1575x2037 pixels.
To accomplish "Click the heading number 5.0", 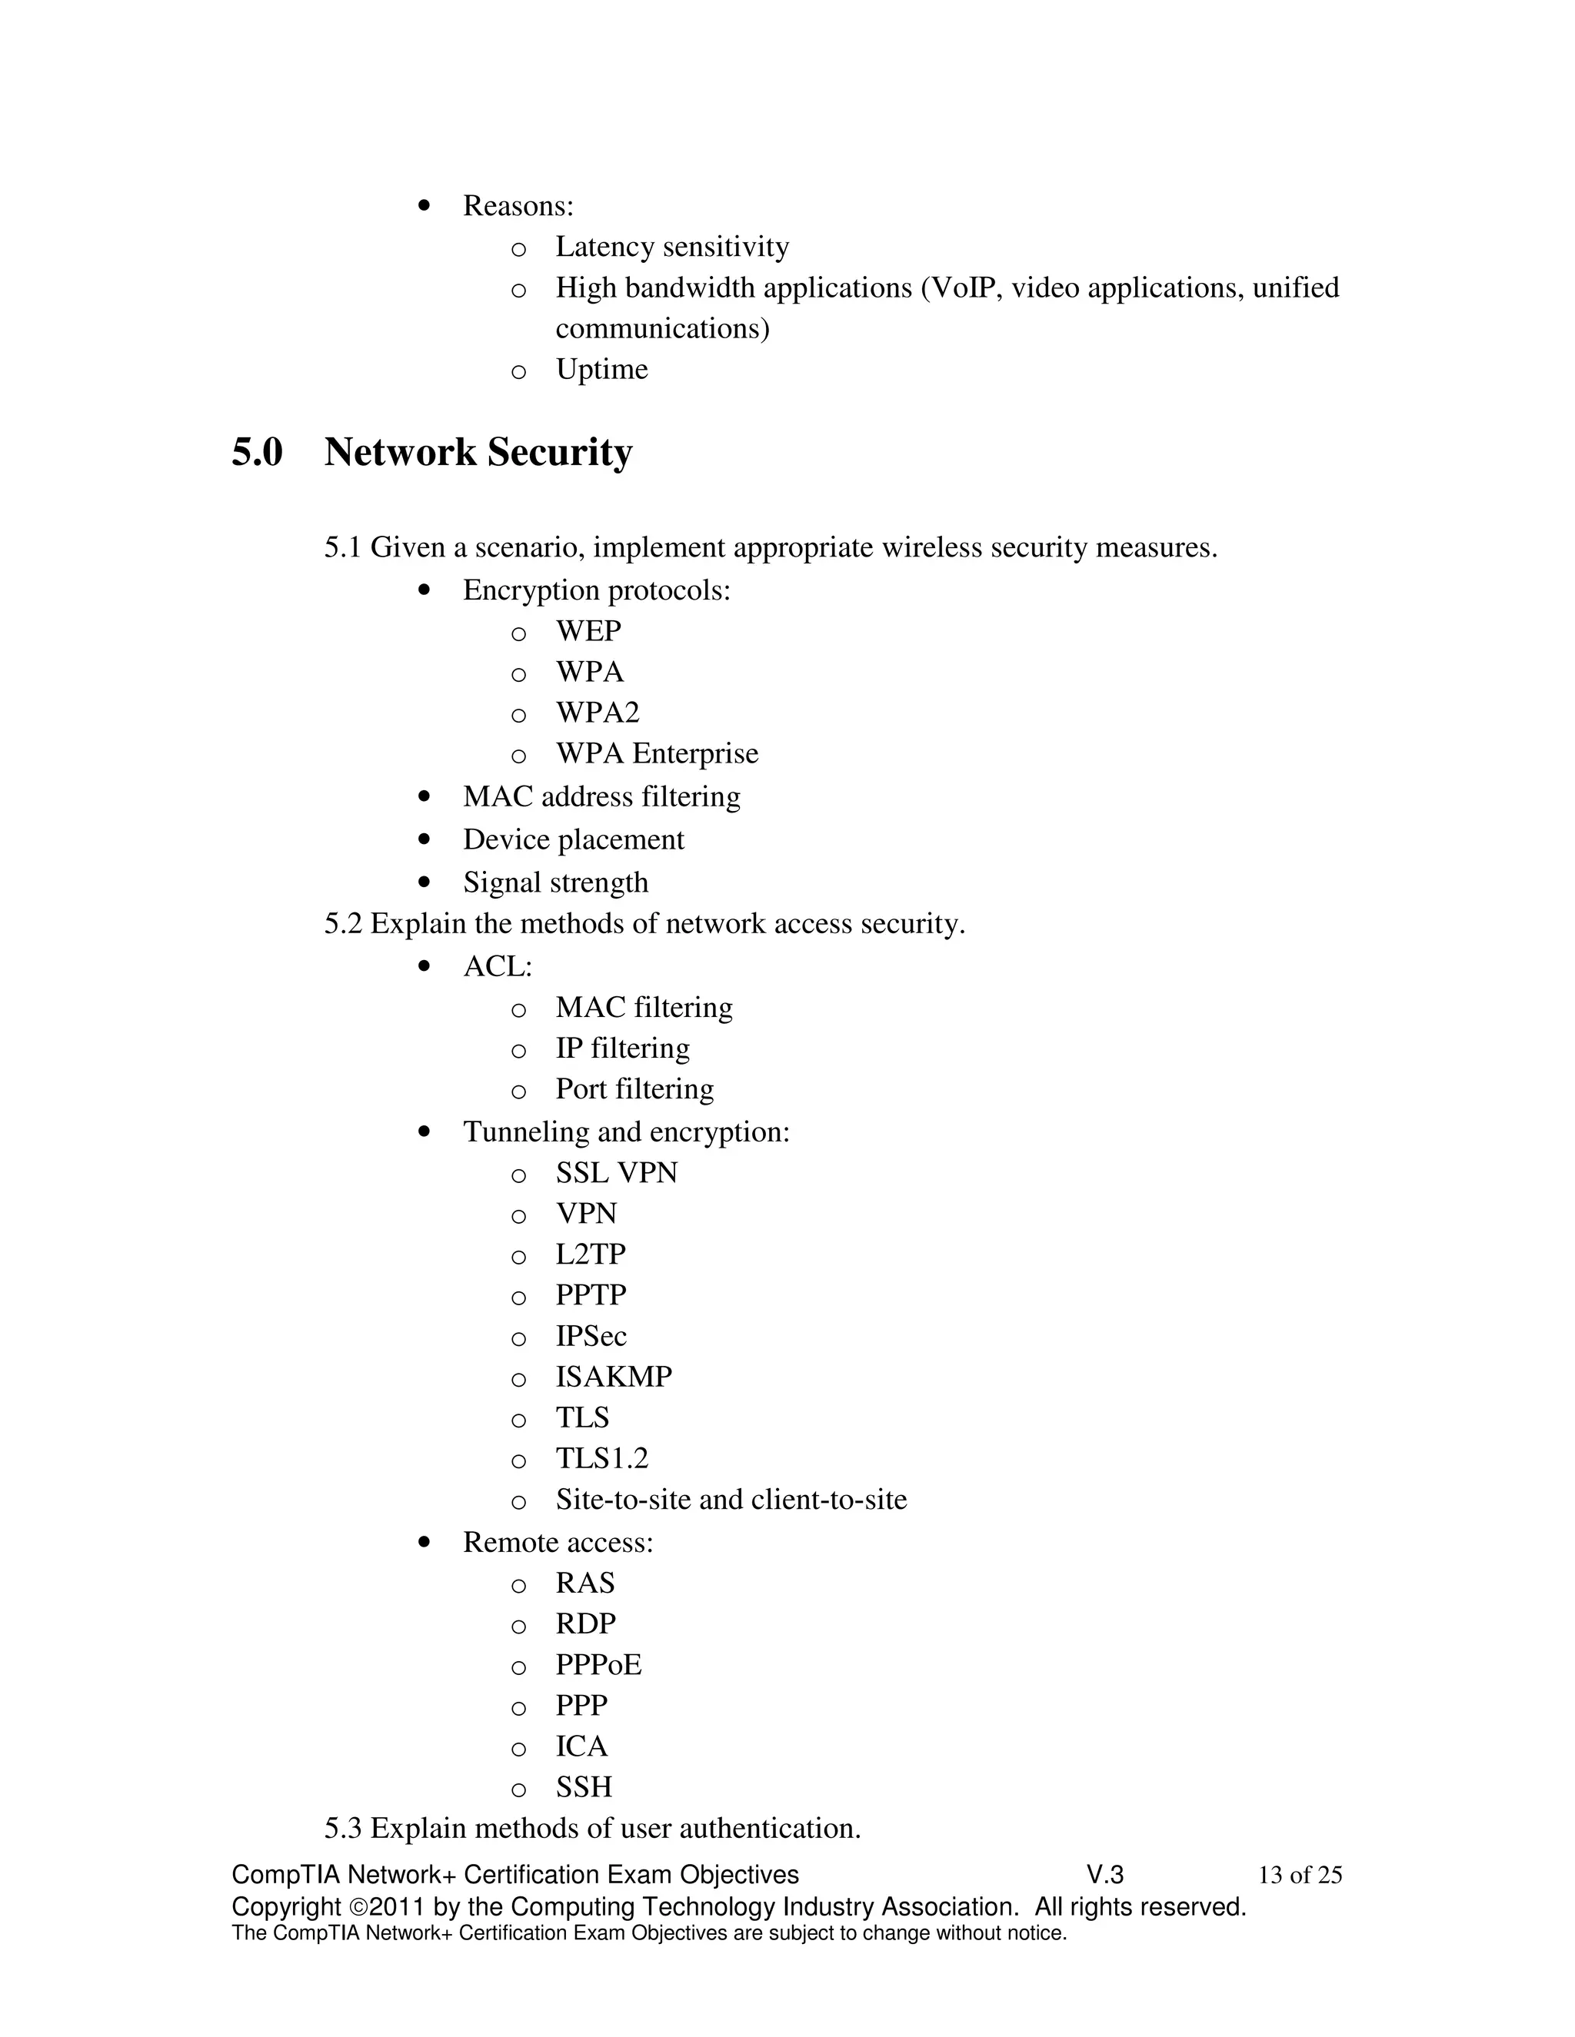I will coord(257,454).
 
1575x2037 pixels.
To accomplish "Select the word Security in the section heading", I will coord(559,454).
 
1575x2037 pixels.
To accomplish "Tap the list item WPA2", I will coord(597,713).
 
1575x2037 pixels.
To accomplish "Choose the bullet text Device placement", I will coord(573,839).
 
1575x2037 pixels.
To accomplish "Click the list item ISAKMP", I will coord(613,1377).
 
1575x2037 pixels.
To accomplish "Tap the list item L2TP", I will coord(591,1254).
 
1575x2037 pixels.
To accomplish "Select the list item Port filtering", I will coord(634,1089).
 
